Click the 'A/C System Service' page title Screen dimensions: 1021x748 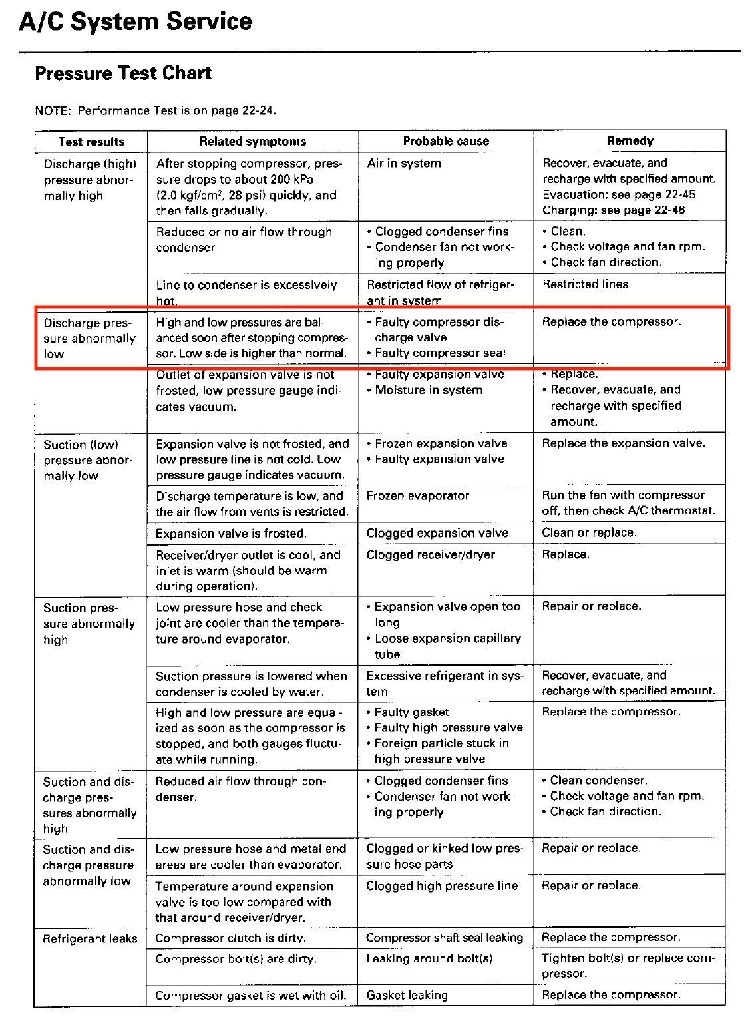(135, 22)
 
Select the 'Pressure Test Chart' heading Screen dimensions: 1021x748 (123, 73)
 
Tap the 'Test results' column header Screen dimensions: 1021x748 (91, 142)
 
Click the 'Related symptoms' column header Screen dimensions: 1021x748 (253, 142)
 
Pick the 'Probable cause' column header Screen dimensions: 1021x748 (446, 142)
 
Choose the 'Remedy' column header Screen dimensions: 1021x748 (630, 141)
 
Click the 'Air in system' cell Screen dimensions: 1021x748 (404, 163)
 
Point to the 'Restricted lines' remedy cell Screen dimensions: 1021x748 (585, 284)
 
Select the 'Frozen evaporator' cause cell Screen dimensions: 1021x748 (417, 496)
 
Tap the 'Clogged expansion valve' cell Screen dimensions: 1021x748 (437, 533)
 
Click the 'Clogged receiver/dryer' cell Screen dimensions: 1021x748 (431, 554)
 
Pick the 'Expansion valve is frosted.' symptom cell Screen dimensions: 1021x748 (231, 533)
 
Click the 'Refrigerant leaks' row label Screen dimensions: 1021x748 (90, 939)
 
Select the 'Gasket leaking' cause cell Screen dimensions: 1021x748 (407, 995)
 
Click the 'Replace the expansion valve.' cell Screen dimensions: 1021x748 (624, 443)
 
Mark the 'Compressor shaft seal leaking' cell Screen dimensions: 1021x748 (445, 938)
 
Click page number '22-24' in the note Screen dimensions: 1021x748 (258, 110)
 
